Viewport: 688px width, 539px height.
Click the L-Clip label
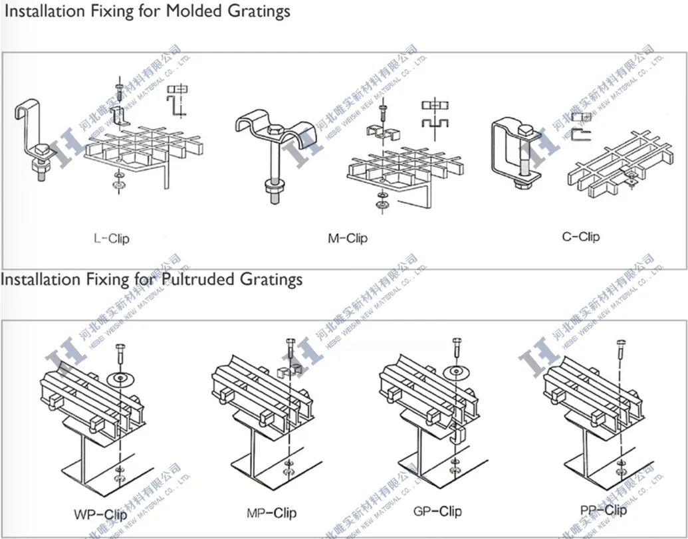(x=111, y=238)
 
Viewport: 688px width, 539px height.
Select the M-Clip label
(x=347, y=238)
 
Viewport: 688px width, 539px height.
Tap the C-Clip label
(x=580, y=236)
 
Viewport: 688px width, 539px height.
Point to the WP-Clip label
(x=101, y=514)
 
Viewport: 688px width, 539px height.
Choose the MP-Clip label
(x=271, y=512)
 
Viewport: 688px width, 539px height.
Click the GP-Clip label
(x=437, y=511)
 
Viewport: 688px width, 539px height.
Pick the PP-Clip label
(x=603, y=510)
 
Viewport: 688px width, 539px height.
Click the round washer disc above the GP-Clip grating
(x=456, y=370)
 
